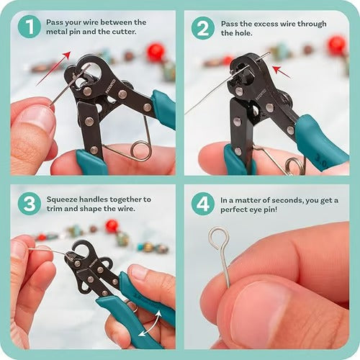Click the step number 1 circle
pyautogui.click(x=29, y=27)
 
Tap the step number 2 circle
pyautogui.click(x=203, y=27)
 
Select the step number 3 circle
pyautogui.click(x=29, y=203)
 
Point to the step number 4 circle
pyautogui.click(x=203, y=203)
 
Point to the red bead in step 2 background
pyautogui.click(x=336, y=45)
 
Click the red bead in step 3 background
pyautogui.click(x=112, y=226)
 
